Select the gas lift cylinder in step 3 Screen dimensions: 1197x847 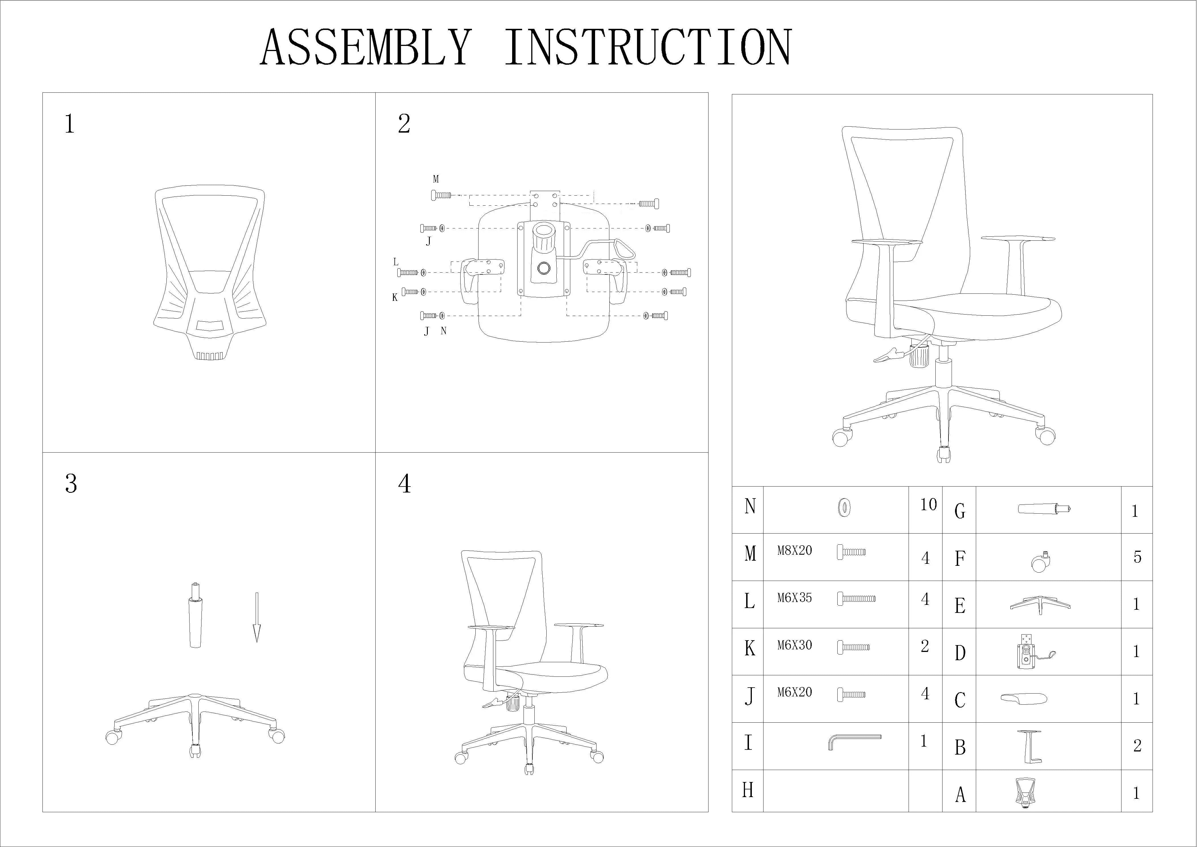(x=195, y=615)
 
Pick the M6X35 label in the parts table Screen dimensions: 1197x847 (x=795, y=598)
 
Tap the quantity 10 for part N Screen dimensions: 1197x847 (x=929, y=504)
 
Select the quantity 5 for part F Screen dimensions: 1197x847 (x=1137, y=557)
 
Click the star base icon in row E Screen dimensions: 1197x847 (x=1040, y=605)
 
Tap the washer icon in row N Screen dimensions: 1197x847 (x=844, y=507)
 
